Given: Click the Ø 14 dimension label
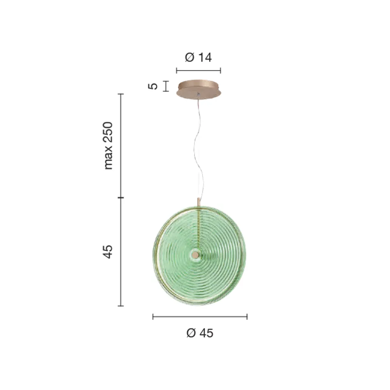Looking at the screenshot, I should click(x=198, y=57).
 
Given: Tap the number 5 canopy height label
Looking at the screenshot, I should click(x=153, y=86).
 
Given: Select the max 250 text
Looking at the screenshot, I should click(x=108, y=146).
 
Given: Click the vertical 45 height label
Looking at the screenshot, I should click(x=108, y=252).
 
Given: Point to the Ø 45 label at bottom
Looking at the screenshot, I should click(x=200, y=333).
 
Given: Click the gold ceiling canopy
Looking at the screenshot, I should click(x=199, y=89).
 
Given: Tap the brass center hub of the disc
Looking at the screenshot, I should click(x=195, y=255).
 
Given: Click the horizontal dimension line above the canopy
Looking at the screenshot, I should click(x=199, y=70).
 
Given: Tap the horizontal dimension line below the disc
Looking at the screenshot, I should click(x=200, y=317).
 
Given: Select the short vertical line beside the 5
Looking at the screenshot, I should click(x=166, y=86).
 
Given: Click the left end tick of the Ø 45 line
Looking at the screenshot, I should click(x=153, y=317).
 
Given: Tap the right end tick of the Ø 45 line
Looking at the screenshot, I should click(x=247, y=317).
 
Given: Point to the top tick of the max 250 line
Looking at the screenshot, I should click(x=121, y=94).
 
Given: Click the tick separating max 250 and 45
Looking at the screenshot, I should click(x=121, y=198).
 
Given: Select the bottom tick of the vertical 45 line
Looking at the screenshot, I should click(x=121, y=306).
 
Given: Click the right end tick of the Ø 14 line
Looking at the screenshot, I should click(x=221, y=70).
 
